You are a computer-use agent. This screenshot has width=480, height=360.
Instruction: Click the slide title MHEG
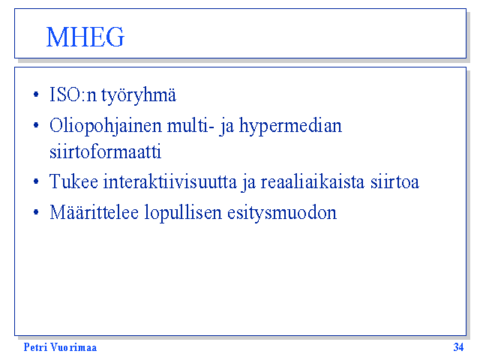pyautogui.click(x=85, y=37)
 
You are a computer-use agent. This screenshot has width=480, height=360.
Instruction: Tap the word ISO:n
pyautogui.click(x=73, y=94)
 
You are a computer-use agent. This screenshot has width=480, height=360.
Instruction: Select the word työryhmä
pyautogui.click(x=139, y=96)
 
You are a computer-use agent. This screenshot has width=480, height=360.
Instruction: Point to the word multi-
pyautogui.click(x=190, y=125)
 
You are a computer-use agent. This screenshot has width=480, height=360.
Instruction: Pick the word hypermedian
pyautogui.click(x=290, y=127)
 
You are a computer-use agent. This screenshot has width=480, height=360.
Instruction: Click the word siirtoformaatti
pyautogui.click(x=105, y=151)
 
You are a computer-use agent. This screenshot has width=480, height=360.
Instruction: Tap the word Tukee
pyautogui.click(x=73, y=181)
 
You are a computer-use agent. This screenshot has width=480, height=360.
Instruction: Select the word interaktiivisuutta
pyautogui.click(x=170, y=181)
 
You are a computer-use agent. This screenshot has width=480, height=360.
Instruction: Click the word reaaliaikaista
pyautogui.click(x=313, y=181)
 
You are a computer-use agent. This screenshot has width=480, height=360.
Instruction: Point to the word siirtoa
pyautogui.click(x=394, y=181)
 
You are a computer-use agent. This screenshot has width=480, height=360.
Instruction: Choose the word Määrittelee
pyautogui.click(x=94, y=211)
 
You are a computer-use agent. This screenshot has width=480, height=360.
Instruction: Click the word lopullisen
pyautogui.click(x=183, y=213)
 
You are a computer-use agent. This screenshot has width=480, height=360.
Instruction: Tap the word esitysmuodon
pyautogui.click(x=282, y=213)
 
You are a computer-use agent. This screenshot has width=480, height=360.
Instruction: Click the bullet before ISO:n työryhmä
pyautogui.click(x=36, y=94)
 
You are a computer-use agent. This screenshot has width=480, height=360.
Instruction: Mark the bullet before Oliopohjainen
pyautogui.click(x=36, y=125)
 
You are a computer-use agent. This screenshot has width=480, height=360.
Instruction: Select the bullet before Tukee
pyautogui.click(x=36, y=181)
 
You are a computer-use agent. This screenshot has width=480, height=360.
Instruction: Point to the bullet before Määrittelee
pyautogui.click(x=36, y=211)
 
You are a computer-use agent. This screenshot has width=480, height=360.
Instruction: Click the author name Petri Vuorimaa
pyautogui.click(x=60, y=347)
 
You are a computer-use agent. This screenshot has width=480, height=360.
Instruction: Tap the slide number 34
pyautogui.click(x=458, y=347)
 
